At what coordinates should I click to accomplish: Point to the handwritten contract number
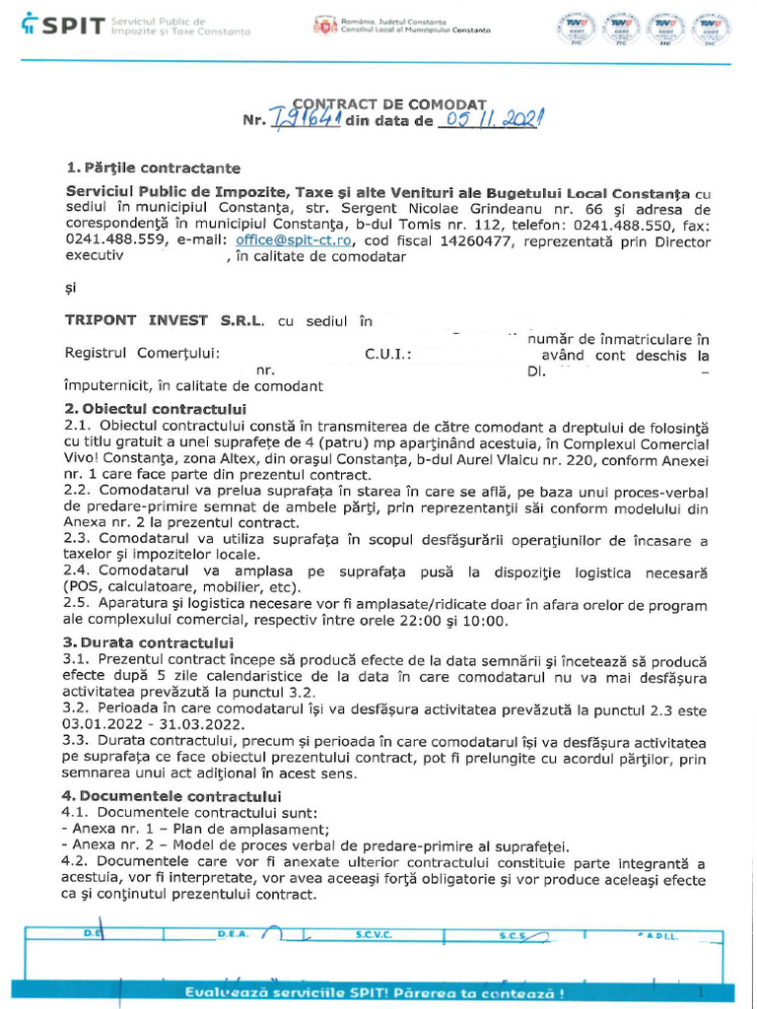click(305, 120)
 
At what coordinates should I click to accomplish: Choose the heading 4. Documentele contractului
click(172, 795)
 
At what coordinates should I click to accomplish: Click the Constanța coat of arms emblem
click(320, 25)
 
